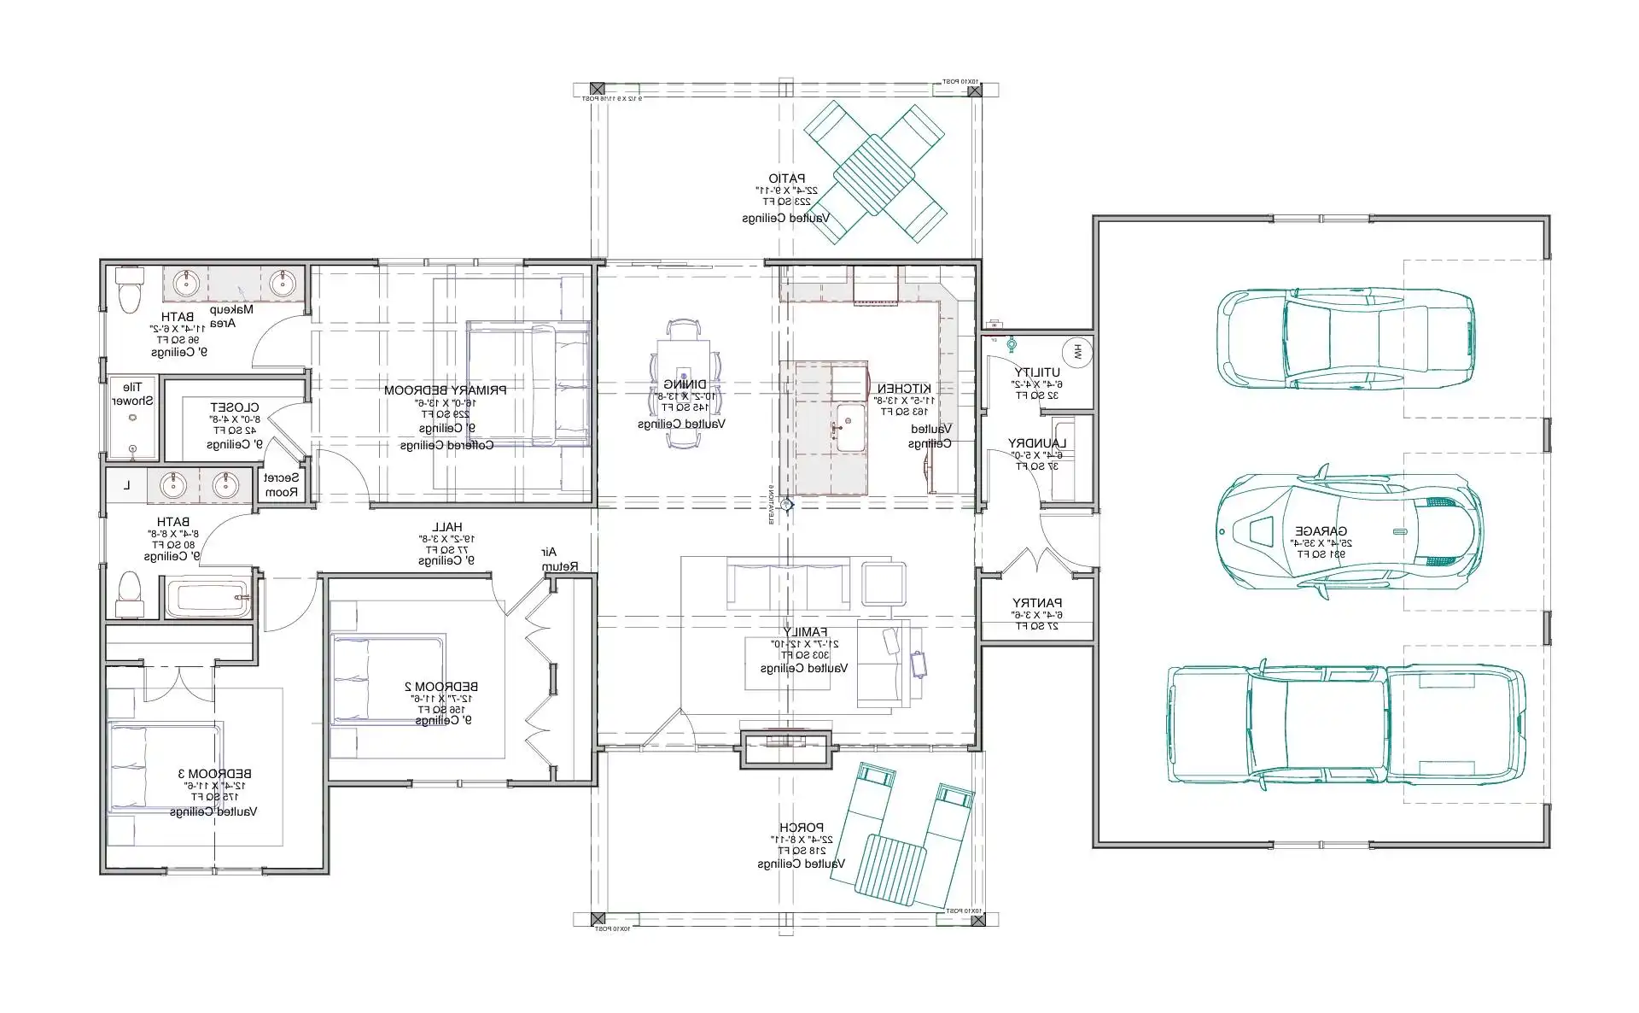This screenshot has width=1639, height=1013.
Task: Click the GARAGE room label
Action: coord(1321,531)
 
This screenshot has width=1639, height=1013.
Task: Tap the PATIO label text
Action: coord(785,179)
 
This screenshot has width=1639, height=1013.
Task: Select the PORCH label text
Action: coord(801,828)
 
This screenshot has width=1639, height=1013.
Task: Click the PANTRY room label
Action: coord(1037,603)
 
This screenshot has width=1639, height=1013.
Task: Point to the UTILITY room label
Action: coord(1036,372)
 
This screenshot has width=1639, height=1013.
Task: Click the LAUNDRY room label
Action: coord(1036,443)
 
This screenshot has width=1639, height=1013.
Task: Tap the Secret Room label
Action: coord(281,485)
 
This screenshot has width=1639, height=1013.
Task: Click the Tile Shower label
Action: coord(132,394)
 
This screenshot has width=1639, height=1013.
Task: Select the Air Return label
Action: coord(560,559)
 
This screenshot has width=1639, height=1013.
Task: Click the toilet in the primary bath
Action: coord(130,290)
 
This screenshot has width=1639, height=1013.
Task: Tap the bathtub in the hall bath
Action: coord(208,597)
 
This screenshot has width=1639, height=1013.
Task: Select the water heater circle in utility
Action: coord(1076,351)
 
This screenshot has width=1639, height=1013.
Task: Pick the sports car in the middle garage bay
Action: coord(1349,531)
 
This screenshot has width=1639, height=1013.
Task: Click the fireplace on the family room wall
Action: coord(785,749)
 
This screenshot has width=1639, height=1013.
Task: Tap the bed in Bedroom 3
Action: coord(164,765)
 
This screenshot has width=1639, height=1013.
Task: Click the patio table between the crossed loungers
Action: coord(875,174)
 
